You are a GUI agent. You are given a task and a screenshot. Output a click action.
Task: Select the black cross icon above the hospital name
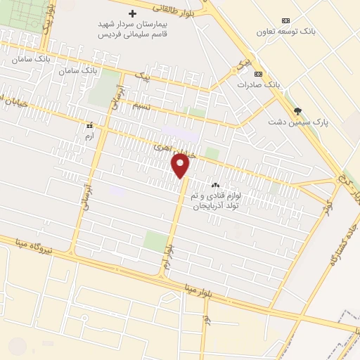(131, 13)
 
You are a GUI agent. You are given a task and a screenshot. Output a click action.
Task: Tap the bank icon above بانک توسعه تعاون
(285, 20)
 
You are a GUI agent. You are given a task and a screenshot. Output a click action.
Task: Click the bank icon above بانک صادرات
(259, 74)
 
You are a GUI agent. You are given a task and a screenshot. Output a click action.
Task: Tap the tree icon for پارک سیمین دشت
(297, 111)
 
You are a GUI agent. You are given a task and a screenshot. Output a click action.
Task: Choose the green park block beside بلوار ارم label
(156, 240)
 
